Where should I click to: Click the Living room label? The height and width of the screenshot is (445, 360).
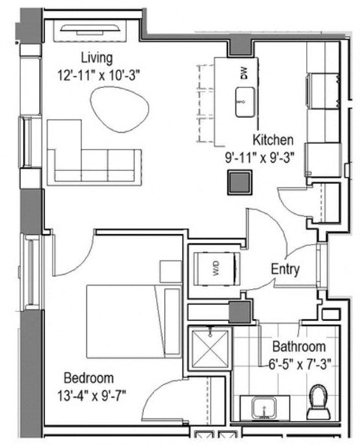click(97, 58)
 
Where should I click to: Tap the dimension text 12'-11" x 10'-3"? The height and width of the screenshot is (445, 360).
click(97, 75)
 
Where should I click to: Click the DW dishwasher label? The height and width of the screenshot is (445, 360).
click(243, 72)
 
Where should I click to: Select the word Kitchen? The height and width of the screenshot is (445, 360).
click(272, 140)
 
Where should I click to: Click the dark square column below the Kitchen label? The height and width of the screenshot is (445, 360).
click(241, 182)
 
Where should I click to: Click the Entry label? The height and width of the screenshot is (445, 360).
click(285, 269)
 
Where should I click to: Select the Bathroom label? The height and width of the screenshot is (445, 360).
click(298, 347)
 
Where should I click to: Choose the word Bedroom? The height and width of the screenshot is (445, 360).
click(88, 377)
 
